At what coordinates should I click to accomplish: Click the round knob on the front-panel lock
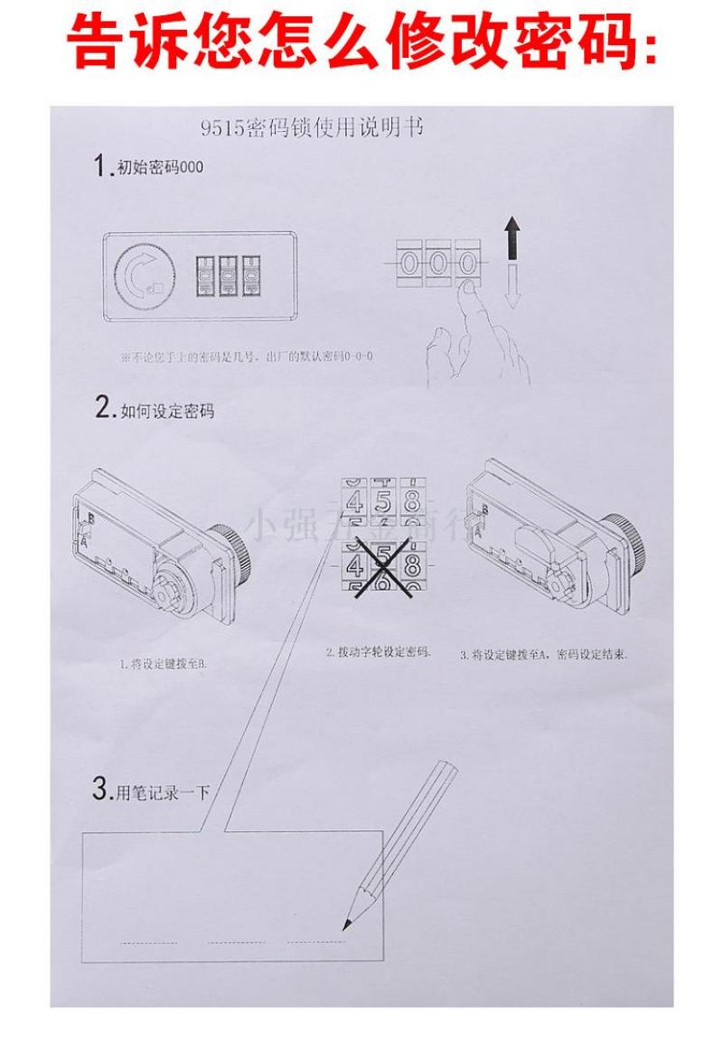(142, 275)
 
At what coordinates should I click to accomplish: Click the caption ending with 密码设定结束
(544, 654)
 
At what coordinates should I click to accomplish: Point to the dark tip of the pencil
(345, 924)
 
